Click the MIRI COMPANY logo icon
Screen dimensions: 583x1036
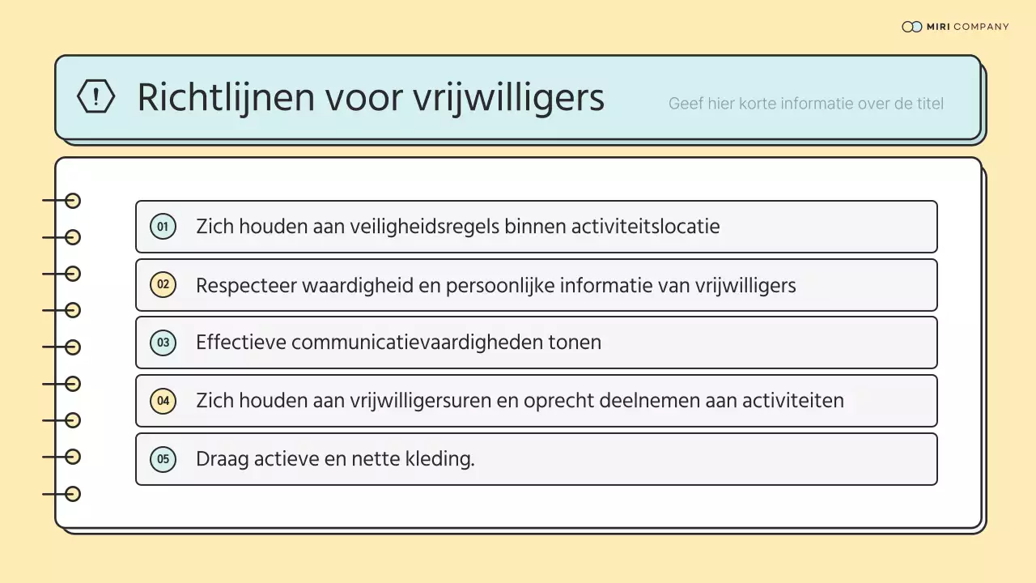click(911, 27)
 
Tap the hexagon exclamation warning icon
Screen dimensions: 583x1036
click(96, 96)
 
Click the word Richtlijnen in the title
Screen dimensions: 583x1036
click(225, 98)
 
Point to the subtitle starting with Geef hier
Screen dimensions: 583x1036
click(805, 104)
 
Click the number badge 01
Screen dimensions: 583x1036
click(163, 227)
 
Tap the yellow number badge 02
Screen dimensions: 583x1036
click(163, 285)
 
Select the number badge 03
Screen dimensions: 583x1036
click(163, 343)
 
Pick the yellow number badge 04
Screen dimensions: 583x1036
click(163, 401)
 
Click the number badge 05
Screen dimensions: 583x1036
click(163, 459)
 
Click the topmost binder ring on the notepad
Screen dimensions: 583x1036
click(73, 201)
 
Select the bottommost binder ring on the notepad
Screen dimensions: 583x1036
click(73, 494)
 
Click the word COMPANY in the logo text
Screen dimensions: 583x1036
click(981, 27)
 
